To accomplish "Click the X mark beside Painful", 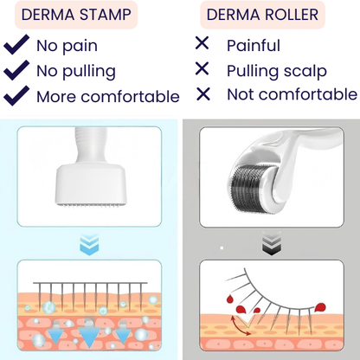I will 202,44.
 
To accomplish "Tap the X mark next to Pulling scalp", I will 202,69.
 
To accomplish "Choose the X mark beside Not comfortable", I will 202,94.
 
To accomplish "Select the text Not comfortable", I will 291,95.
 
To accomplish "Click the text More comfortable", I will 107,96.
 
